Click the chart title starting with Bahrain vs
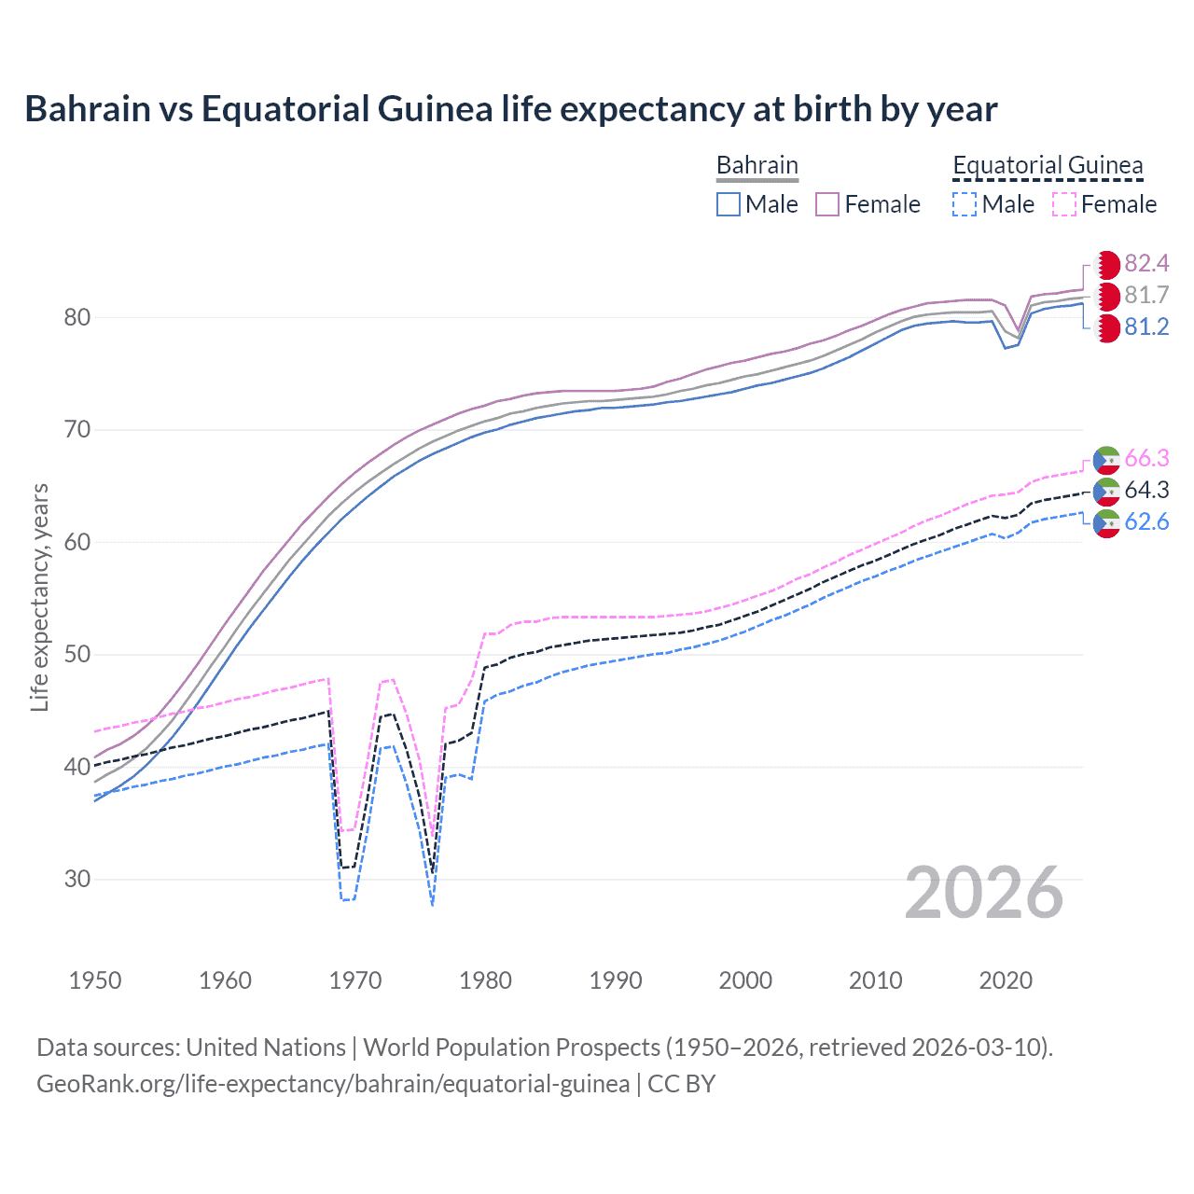click(x=510, y=109)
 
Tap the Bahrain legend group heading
click(x=757, y=165)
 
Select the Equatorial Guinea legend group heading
click(x=1047, y=165)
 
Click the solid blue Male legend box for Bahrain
click(x=729, y=204)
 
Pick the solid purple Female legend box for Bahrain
click(x=827, y=204)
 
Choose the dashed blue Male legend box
click(x=965, y=204)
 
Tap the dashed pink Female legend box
click(x=1064, y=204)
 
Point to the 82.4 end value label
click(x=1146, y=264)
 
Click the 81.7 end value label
click(x=1146, y=296)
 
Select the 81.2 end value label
click(x=1146, y=327)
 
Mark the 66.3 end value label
click(x=1146, y=459)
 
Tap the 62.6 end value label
click(x=1146, y=522)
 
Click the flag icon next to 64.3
click(x=1106, y=491)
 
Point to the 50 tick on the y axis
click(x=77, y=655)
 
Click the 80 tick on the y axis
click(x=77, y=318)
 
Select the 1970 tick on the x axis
click(x=355, y=980)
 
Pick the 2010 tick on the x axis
click(x=875, y=980)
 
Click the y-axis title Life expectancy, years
click(x=40, y=597)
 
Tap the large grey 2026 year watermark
click(x=983, y=893)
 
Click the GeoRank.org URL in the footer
click(x=333, y=1084)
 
